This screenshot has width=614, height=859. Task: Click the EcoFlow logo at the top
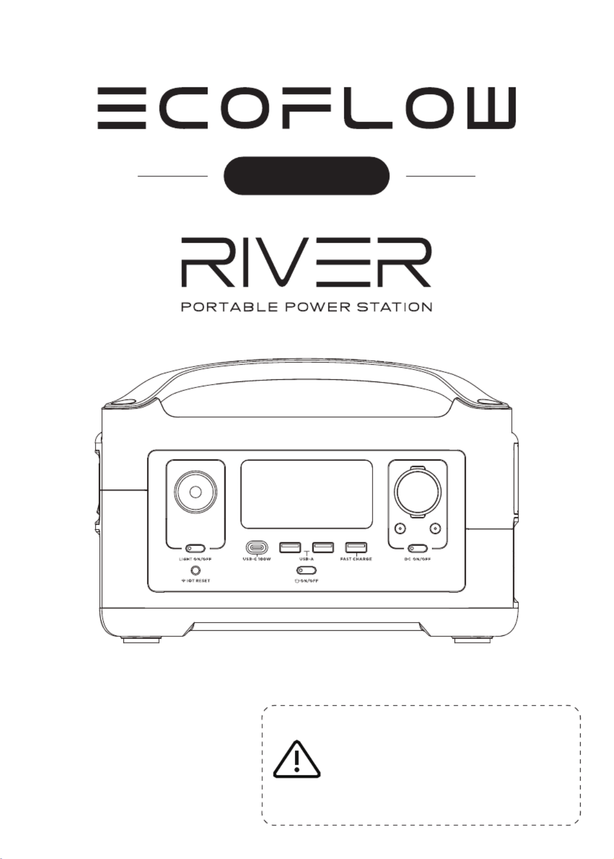[x=306, y=109]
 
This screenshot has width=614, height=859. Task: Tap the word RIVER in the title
[x=306, y=263]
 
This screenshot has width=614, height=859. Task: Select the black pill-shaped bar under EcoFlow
[x=306, y=176]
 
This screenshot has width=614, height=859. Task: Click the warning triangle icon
[x=297, y=759]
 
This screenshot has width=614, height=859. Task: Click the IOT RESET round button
[x=194, y=571]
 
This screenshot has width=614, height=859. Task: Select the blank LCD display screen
[x=306, y=494]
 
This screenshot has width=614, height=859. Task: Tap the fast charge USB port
[x=356, y=547]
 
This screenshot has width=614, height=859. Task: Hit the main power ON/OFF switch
[x=306, y=571]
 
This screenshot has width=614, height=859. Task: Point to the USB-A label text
[x=306, y=559]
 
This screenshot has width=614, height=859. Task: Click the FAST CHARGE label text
[x=356, y=559]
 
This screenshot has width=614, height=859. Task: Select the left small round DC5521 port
[x=400, y=528]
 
